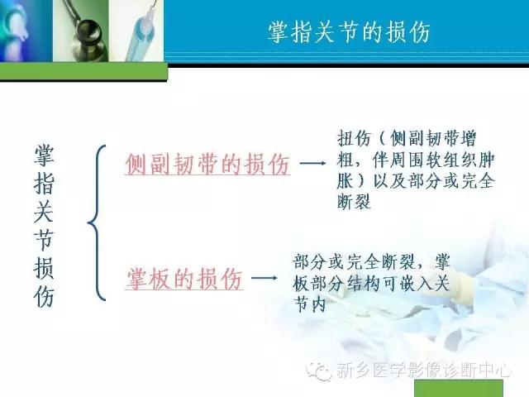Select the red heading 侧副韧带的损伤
(x=207, y=165)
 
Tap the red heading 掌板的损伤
(x=184, y=280)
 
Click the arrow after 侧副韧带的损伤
(x=312, y=165)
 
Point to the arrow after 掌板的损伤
(x=264, y=280)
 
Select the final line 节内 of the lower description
(x=313, y=304)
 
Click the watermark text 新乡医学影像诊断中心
(x=424, y=372)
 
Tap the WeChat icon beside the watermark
(x=320, y=372)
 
